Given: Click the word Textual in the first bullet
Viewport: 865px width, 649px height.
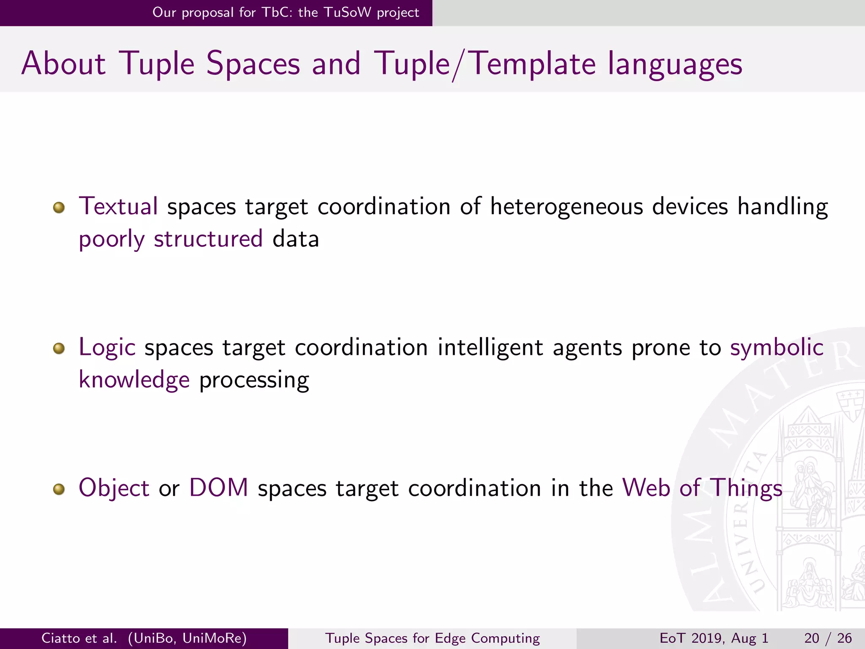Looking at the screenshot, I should coord(118,207).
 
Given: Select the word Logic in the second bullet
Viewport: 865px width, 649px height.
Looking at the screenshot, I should coord(107,347).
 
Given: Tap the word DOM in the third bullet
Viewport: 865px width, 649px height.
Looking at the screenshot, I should coord(218,488).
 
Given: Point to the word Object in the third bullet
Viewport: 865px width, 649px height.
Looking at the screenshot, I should coord(114,488).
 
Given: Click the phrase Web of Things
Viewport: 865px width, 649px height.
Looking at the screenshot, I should coord(702,488).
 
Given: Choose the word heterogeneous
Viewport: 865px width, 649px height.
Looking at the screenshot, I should coord(566,207).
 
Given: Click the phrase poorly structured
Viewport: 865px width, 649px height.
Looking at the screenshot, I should coord(171,239).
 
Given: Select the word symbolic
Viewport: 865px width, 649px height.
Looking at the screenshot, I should coord(777,347).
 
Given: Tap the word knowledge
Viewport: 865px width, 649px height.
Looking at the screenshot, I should coord(134,380).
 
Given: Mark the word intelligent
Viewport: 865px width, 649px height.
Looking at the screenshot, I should coord(490,347).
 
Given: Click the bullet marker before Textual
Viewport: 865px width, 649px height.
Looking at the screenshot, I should coord(59,207).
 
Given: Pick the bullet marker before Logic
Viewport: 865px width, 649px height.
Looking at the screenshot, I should coord(59,348).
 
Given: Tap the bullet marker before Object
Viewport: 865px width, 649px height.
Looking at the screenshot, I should coord(59,489).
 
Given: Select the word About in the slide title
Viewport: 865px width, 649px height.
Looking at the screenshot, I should coord(63,63).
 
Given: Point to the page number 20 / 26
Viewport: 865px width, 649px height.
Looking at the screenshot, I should coord(828,638).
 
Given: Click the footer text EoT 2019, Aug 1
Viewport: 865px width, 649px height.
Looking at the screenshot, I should coord(714,638).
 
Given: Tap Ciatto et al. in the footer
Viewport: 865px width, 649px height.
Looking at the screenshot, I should coord(79,638).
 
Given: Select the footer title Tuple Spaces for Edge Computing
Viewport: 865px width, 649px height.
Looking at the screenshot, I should coord(432,638).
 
